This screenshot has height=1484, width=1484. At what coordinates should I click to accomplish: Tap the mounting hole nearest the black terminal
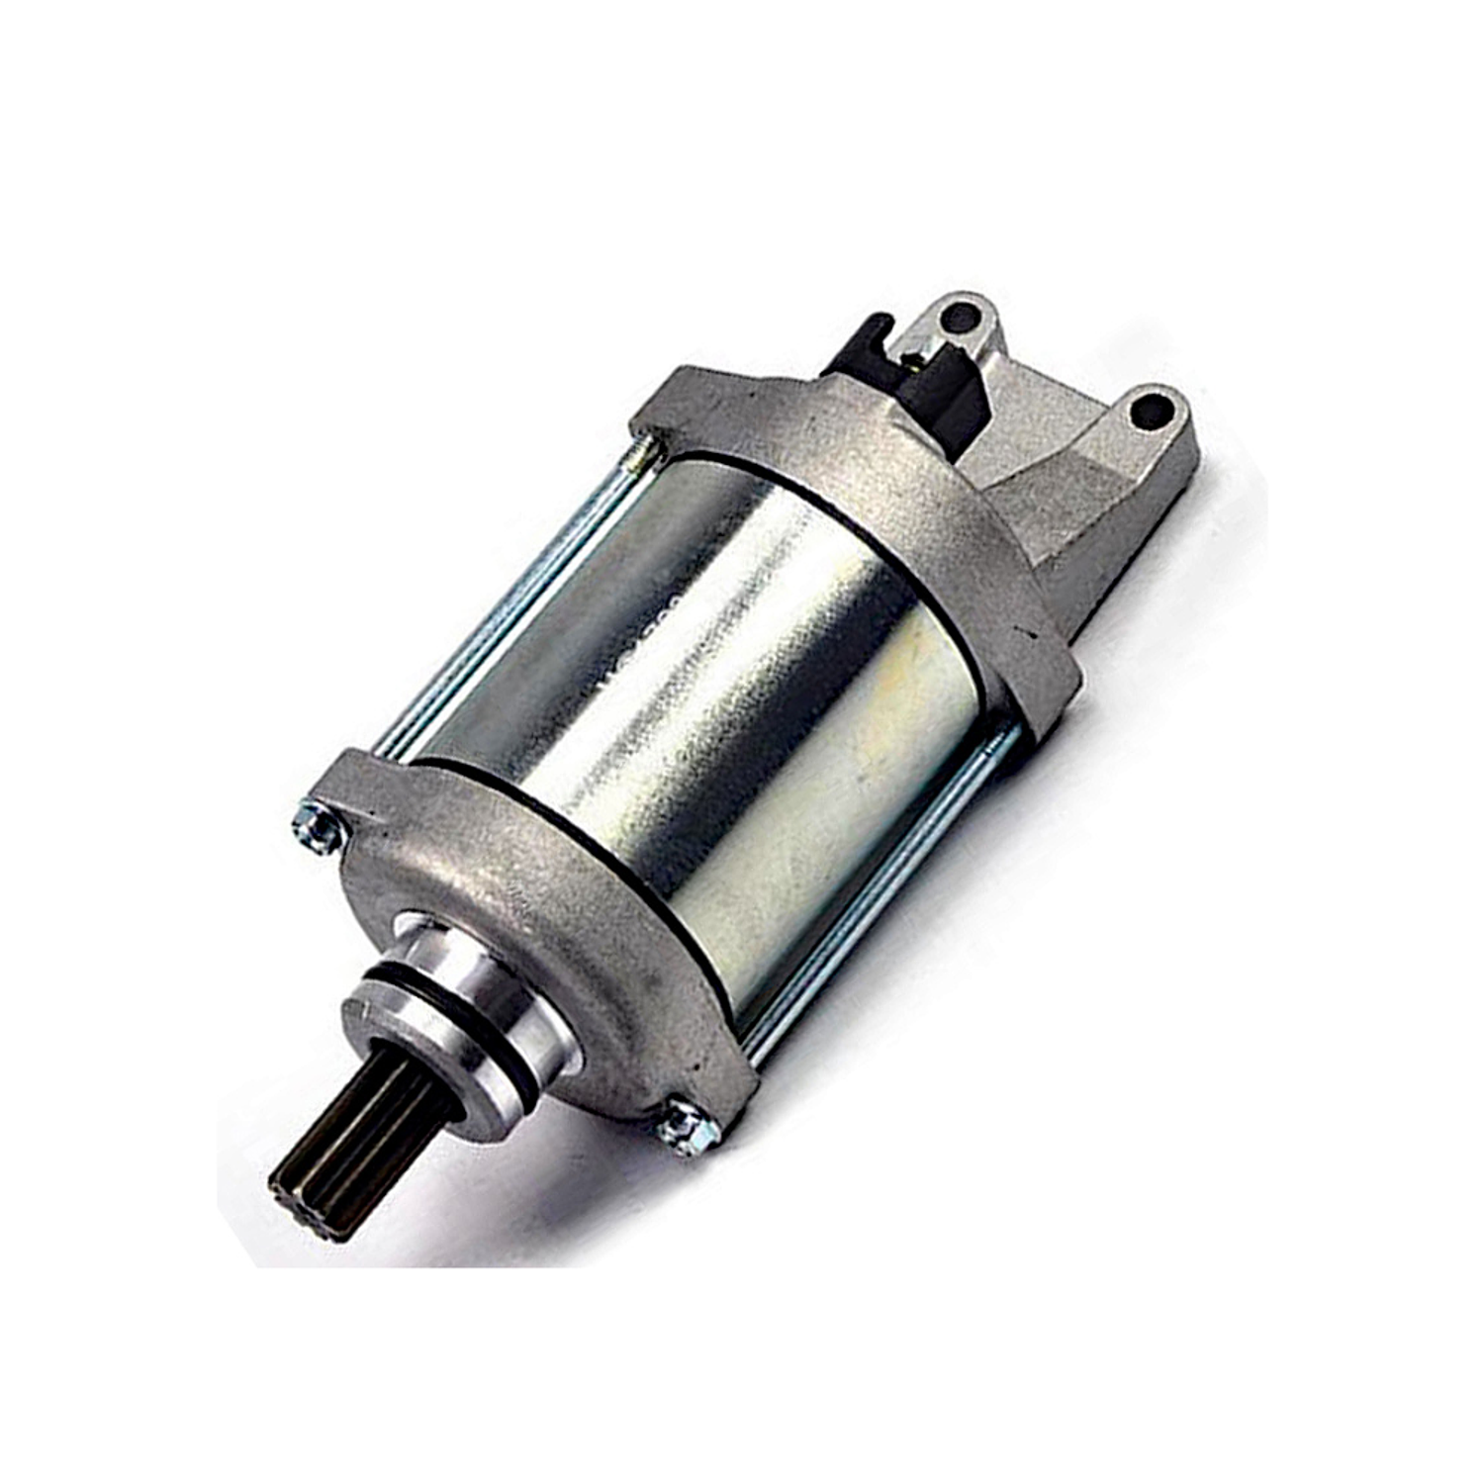click(x=958, y=318)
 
